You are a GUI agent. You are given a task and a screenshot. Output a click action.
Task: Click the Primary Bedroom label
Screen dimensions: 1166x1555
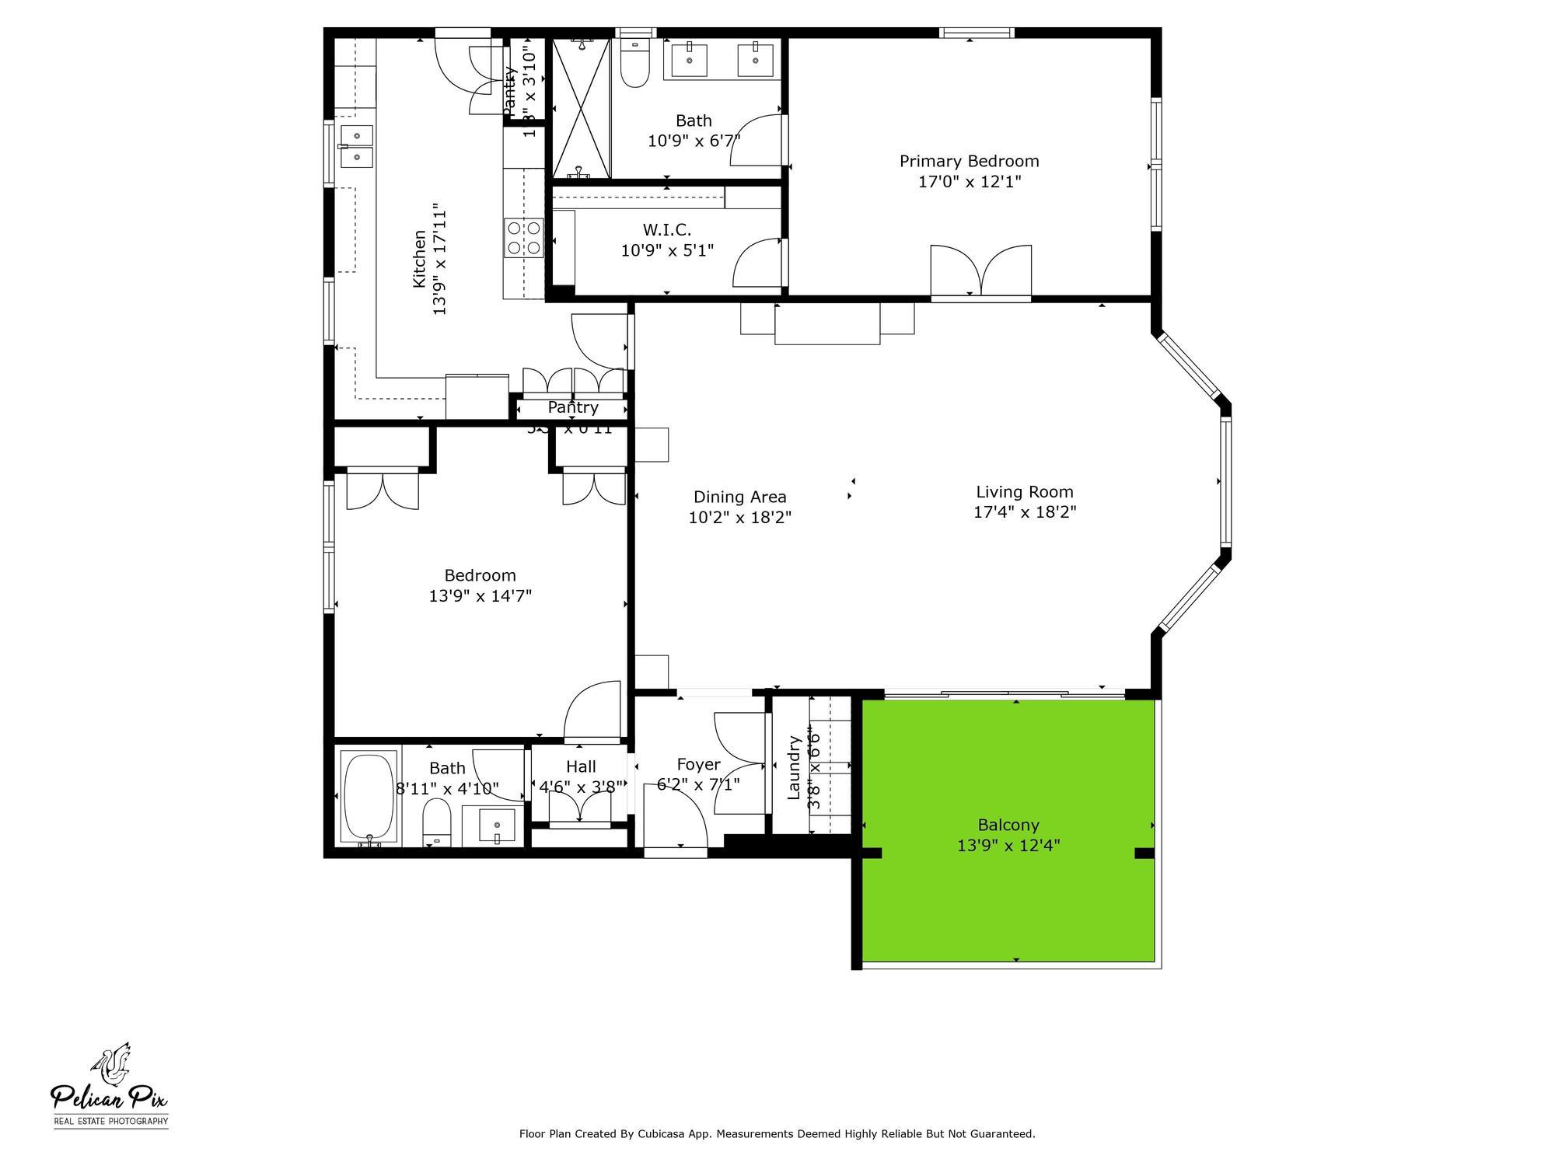[x=969, y=161]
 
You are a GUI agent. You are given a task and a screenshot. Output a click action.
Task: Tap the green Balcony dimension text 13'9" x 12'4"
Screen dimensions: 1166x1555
[x=1008, y=846]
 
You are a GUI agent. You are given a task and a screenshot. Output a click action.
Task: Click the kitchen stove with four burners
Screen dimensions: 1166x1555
[x=523, y=239]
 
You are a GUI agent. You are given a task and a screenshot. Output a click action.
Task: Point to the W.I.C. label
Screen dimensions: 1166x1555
[x=666, y=230]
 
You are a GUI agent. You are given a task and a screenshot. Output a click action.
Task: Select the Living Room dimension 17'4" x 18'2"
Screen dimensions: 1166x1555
[x=1025, y=512]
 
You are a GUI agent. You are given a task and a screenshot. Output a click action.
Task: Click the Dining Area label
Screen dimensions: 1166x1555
[x=739, y=497]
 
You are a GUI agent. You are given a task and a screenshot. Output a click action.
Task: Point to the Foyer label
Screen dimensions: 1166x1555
[x=697, y=764]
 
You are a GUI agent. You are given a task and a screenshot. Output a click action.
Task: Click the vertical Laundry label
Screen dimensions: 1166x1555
[x=794, y=768]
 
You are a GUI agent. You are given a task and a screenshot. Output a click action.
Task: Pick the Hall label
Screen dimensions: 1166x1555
[x=581, y=766]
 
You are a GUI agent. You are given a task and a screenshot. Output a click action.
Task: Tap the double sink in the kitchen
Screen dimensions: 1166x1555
[x=357, y=146]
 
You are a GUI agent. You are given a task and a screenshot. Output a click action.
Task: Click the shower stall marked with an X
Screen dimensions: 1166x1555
[x=581, y=108]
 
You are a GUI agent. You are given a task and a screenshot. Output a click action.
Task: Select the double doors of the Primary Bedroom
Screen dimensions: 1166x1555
[x=981, y=272]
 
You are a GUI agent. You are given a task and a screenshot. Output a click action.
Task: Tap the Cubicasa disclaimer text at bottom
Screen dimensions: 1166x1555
[x=777, y=1134]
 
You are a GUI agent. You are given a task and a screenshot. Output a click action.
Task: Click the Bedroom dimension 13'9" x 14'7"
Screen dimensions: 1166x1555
[x=480, y=596]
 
